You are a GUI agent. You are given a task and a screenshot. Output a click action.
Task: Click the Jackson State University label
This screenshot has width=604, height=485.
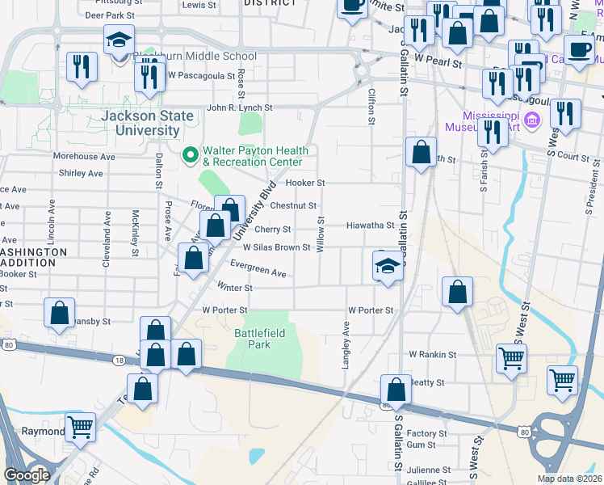148,123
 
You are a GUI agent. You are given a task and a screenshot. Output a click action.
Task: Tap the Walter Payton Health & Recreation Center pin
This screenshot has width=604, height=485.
191,153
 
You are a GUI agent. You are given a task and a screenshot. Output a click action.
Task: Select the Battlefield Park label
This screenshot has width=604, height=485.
253,338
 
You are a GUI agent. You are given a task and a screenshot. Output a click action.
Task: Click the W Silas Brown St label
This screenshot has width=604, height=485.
276,247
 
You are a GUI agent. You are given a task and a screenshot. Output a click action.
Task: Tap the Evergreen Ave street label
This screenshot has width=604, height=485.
258,273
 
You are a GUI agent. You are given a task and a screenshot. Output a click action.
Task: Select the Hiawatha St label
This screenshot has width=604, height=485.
370,226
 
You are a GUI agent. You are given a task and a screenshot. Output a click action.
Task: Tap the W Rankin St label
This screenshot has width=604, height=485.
432,354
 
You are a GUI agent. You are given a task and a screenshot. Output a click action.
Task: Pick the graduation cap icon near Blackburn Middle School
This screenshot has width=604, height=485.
119,40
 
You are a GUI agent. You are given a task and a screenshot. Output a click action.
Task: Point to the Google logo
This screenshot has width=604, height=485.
27,475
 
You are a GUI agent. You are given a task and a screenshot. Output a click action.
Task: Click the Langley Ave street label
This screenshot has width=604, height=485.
346,345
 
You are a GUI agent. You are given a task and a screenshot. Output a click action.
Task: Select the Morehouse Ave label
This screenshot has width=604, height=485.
83,156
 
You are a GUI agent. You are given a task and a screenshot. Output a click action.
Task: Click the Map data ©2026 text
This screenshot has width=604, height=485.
568,479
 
